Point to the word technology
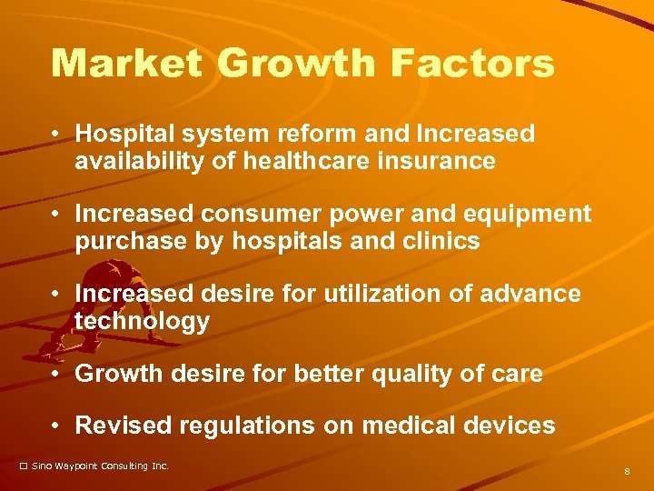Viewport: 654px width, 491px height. pyautogui.click(x=142, y=322)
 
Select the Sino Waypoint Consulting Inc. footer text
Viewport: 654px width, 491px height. pyautogui.click(x=100, y=466)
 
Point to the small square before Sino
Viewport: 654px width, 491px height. pyautogui.click(x=24, y=466)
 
